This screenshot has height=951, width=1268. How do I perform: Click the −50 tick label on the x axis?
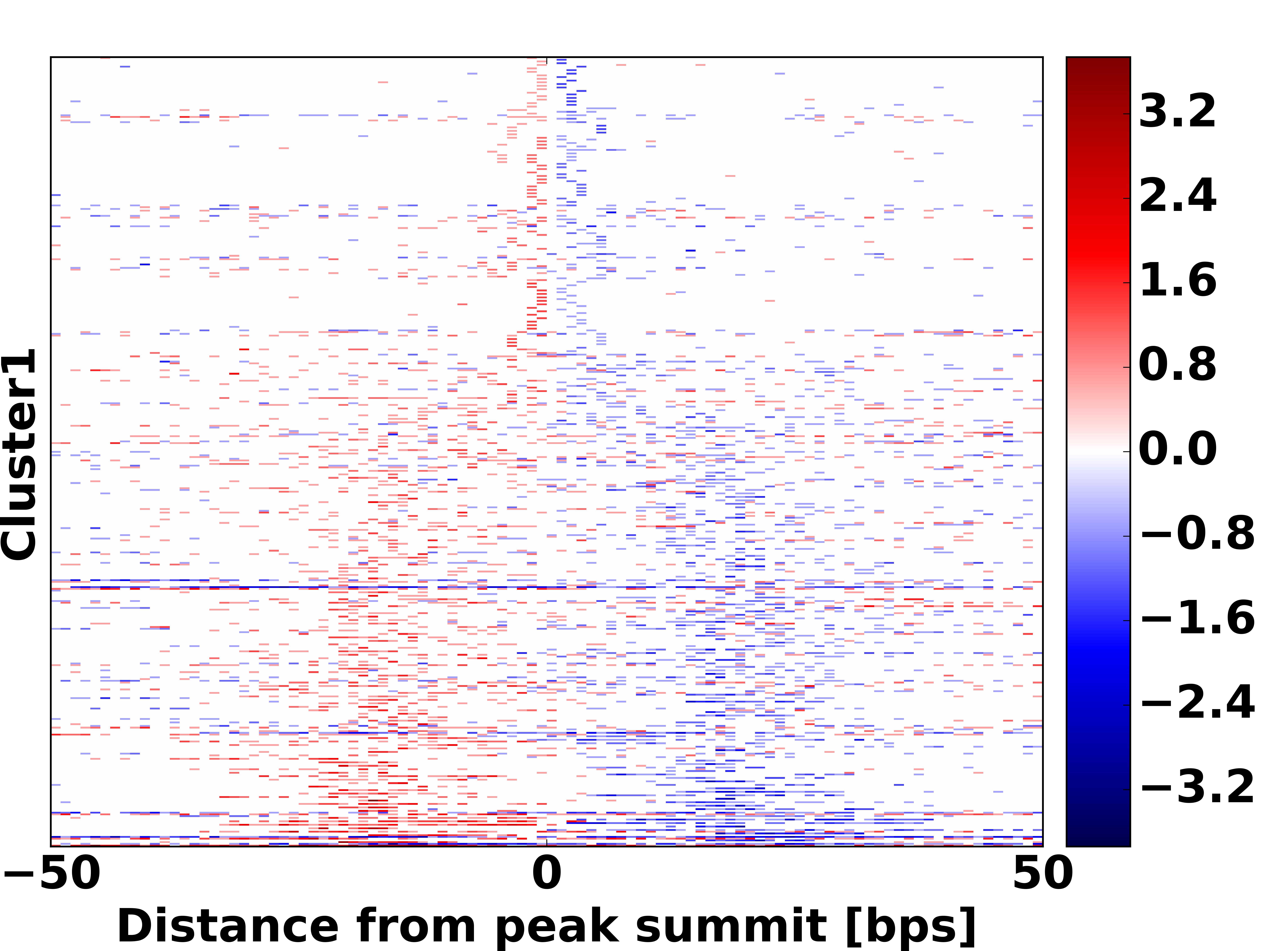52,874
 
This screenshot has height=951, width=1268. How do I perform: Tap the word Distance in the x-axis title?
228,925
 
